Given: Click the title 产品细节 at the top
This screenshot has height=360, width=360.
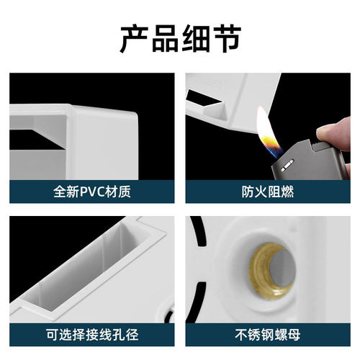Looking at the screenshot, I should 180,37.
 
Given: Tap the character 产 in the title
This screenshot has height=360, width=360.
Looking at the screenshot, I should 134,37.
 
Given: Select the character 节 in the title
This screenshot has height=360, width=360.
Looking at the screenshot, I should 225,37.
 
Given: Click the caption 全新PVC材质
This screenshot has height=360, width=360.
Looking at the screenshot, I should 91,192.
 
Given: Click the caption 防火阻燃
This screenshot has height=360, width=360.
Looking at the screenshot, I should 267,192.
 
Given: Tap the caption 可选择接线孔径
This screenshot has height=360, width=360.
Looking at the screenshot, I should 91,334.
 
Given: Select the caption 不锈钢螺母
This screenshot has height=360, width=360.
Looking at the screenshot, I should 267,334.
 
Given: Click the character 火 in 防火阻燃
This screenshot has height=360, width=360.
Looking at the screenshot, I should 259,192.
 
